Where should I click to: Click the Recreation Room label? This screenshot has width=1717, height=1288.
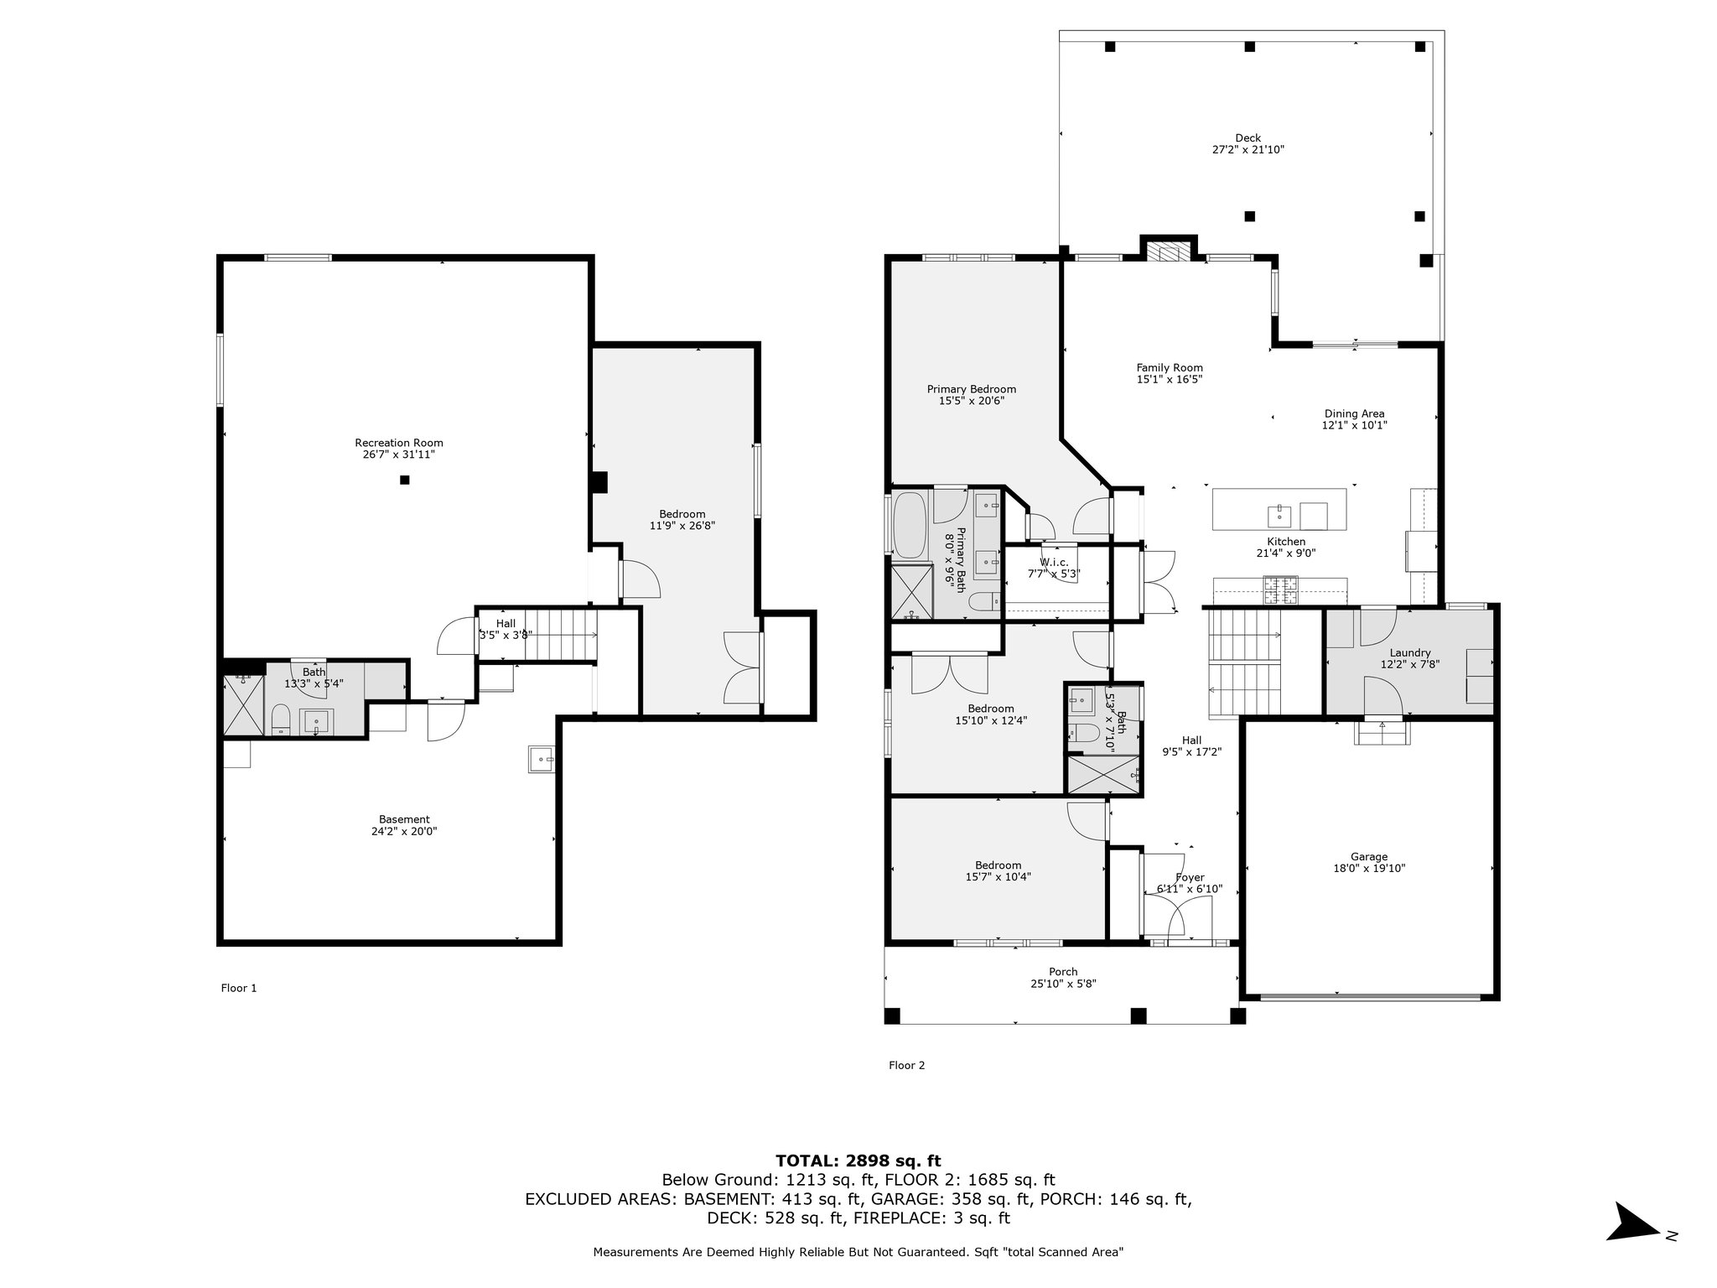[x=398, y=443]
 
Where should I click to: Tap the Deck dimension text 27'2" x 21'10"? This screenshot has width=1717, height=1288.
[x=1248, y=150]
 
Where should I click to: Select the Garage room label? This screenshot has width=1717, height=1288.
[x=1368, y=856]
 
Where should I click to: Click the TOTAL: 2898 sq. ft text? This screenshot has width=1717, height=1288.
[x=858, y=1161]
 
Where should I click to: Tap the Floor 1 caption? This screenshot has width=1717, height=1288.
[x=239, y=988]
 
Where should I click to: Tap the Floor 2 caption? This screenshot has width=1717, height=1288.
[x=907, y=1065]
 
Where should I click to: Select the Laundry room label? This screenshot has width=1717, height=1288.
[x=1410, y=653]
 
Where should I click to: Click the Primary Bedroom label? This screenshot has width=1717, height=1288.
[x=972, y=389]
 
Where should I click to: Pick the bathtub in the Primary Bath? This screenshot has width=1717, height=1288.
[x=908, y=526]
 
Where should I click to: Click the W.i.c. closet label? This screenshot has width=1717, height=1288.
[x=1054, y=562]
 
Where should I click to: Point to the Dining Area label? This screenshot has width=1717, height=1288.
[x=1354, y=413]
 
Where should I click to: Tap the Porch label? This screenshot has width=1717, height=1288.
[x=1063, y=972]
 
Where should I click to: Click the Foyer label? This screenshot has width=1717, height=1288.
[x=1190, y=877]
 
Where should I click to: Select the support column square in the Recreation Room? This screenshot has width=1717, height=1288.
[x=404, y=480]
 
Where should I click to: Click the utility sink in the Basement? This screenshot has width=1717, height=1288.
[x=541, y=758]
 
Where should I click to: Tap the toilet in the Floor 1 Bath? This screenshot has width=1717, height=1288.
[x=281, y=720]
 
